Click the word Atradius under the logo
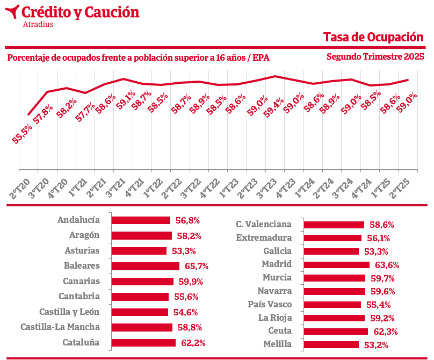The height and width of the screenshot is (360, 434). pyautogui.click(x=38, y=24)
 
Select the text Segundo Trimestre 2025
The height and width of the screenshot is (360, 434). pyautogui.click(x=375, y=56)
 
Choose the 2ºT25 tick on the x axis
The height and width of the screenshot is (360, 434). pyautogui.click(x=399, y=186)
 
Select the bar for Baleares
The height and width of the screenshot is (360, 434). pyautogui.click(x=145, y=266)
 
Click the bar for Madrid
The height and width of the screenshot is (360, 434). pyautogui.click(x=337, y=264)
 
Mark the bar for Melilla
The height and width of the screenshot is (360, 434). pyautogui.click(x=331, y=344)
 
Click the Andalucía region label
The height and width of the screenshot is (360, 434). pyautogui.click(x=78, y=220)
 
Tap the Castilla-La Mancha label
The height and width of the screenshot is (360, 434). pyautogui.click(x=60, y=327)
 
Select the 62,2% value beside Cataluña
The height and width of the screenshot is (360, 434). pyautogui.click(x=193, y=343)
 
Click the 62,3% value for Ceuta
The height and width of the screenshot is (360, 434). pyautogui.click(x=385, y=332)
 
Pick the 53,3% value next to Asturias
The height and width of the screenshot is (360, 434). pyautogui.click(x=184, y=251)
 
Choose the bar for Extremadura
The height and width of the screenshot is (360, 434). pyautogui.click(x=333, y=237)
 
